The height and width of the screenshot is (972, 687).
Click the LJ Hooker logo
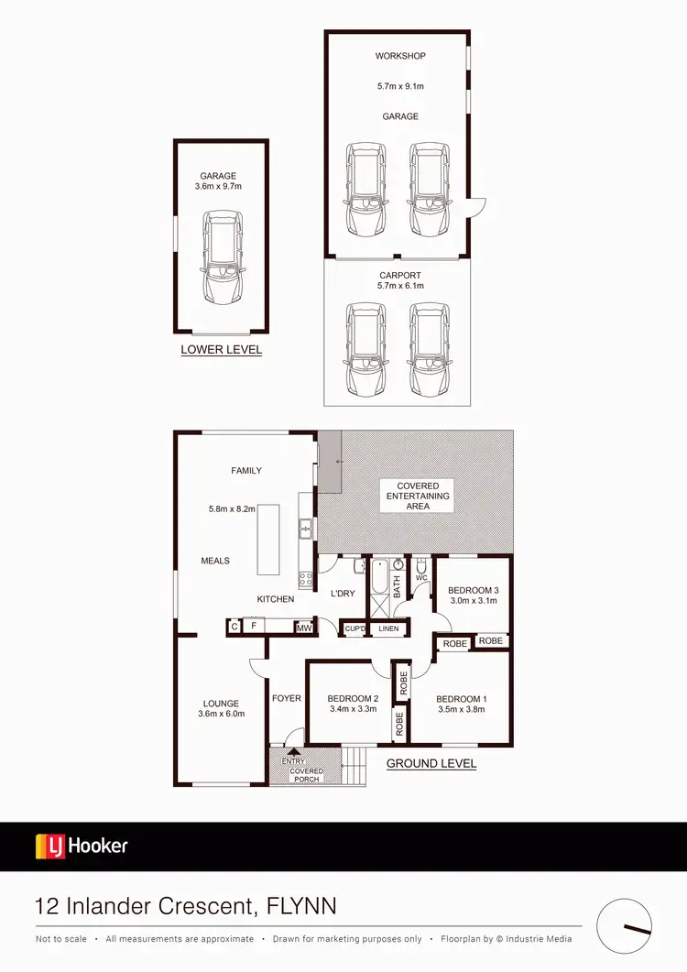pos(82,846)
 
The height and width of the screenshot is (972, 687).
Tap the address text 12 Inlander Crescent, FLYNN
pos(185,907)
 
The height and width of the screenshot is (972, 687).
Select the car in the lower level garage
pos(222,258)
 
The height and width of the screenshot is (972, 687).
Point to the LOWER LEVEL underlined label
pos(222,350)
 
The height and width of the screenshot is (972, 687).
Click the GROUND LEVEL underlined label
pos(431,763)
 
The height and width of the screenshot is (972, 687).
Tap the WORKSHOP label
pos(400,57)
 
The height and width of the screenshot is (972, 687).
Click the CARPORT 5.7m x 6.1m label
pos(400,280)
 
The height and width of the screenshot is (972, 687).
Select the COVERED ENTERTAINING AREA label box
pos(418,496)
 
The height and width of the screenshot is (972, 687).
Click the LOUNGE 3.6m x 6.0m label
pos(222,708)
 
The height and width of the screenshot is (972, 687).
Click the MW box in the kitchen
pos(302,628)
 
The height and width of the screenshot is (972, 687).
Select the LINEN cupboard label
pos(388,628)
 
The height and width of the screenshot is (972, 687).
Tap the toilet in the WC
pos(421,565)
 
